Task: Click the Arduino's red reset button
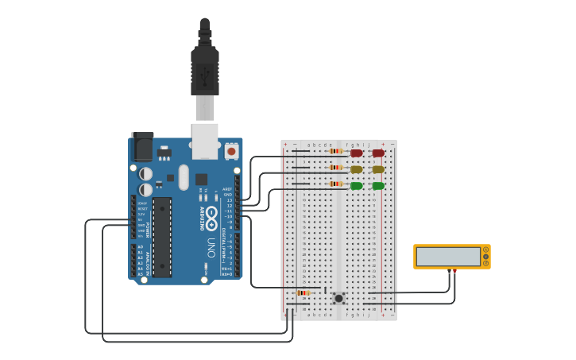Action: pyautogui.click(x=231, y=150)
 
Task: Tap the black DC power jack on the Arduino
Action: pyautogui.click(x=142, y=146)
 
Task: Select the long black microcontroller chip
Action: pyautogui.click(x=162, y=237)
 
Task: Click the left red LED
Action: pyautogui.click(x=357, y=153)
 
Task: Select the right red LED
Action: pyautogui.click(x=378, y=153)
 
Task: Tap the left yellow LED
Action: pyautogui.click(x=357, y=169)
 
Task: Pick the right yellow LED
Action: pyautogui.click(x=378, y=169)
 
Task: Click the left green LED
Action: pyautogui.click(x=357, y=186)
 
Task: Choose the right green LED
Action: pyautogui.click(x=378, y=186)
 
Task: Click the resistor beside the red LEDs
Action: pyautogui.click(x=336, y=151)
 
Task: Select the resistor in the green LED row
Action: pyautogui.click(x=336, y=184)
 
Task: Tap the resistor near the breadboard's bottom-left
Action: pyautogui.click(x=303, y=293)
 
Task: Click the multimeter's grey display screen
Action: pyautogui.click(x=448, y=257)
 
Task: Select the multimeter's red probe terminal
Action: pyautogui.click(x=454, y=271)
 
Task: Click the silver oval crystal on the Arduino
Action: pyautogui.click(x=184, y=176)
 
